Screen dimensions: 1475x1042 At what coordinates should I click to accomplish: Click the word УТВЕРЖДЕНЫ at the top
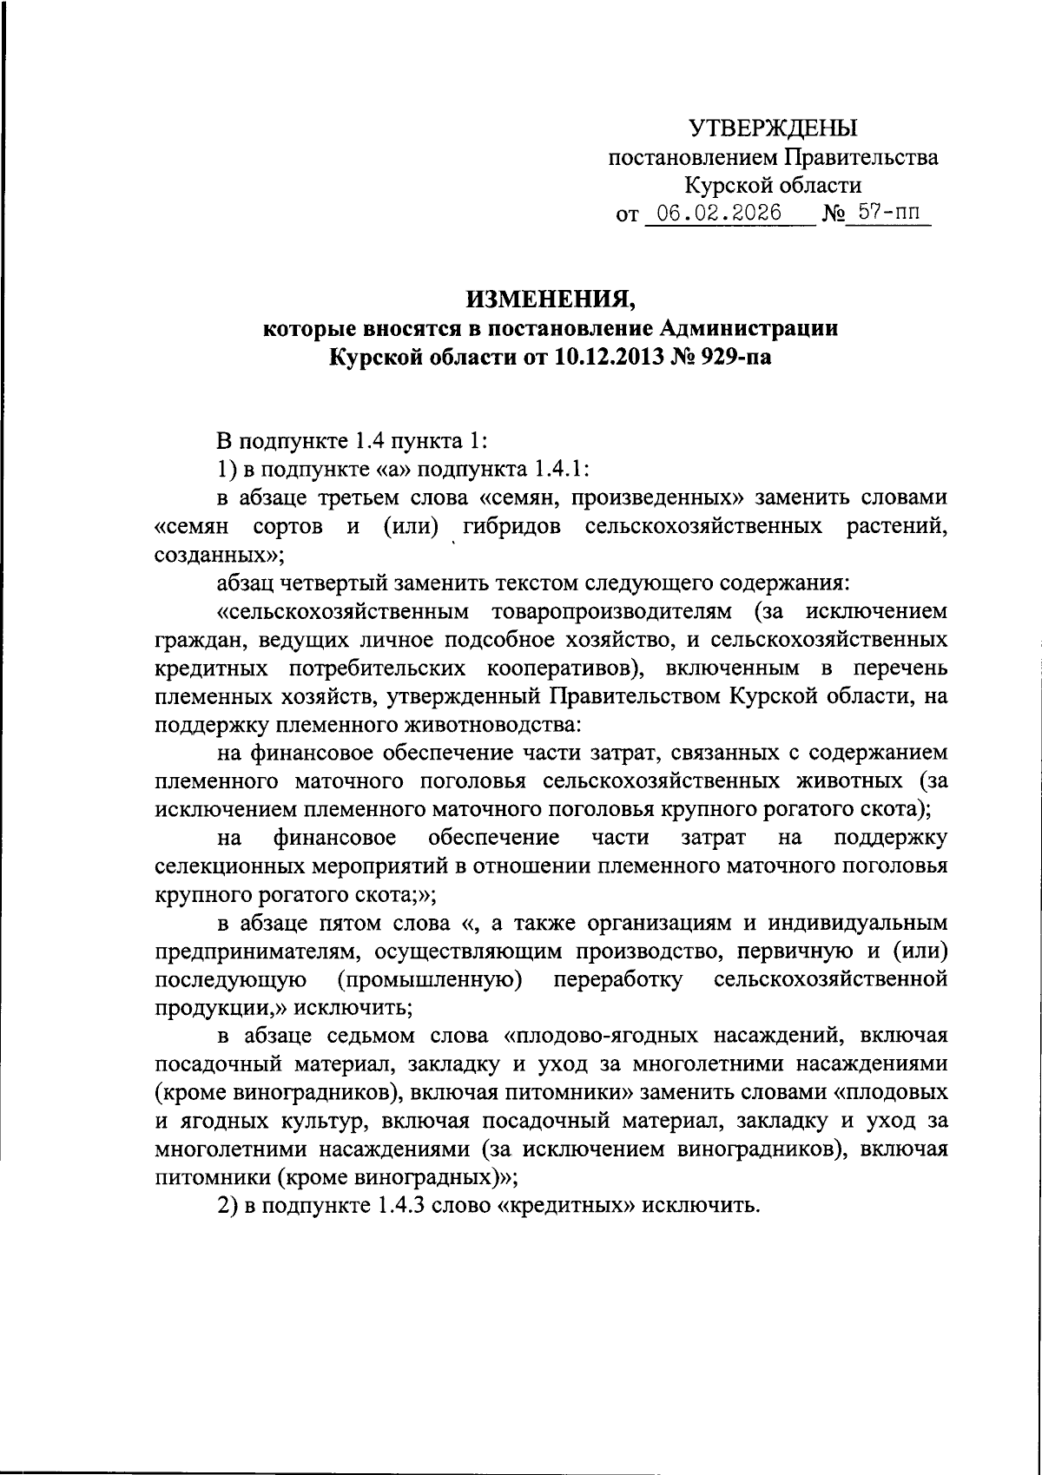point(773,128)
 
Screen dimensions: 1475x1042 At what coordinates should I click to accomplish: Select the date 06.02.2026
point(720,213)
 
